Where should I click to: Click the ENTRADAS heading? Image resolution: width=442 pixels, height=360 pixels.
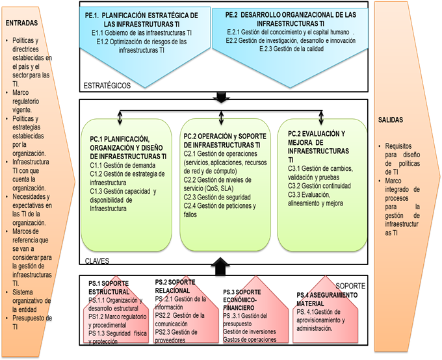(21, 23)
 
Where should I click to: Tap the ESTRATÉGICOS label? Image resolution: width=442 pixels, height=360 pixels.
(107, 86)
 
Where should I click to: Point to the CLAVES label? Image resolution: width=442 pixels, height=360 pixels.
(97, 261)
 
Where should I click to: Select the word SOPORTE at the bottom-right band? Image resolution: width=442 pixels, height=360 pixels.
(352, 286)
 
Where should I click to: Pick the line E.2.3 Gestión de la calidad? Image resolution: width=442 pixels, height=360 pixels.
(289, 49)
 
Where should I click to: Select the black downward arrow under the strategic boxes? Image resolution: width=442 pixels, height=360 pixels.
(222, 98)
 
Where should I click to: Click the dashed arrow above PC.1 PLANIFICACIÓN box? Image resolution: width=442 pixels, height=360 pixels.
(120, 118)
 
